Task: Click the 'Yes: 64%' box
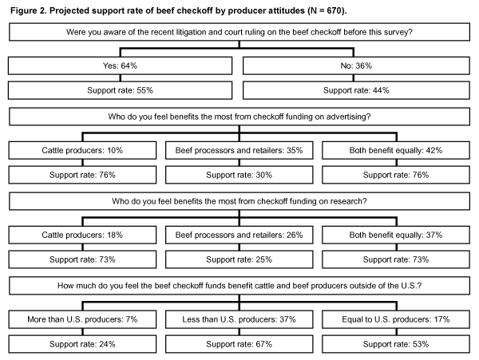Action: tap(120, 65)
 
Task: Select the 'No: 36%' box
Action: tap(356, 65)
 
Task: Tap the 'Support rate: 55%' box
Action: tap(120, 90)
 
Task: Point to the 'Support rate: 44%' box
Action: tap(356, 90)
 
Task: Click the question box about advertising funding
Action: tap(239, 117)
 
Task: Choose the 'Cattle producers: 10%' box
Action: tap(82, 150)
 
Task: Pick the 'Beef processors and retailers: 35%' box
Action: tap(239, 150)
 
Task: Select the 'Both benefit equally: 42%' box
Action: tap(396, 150)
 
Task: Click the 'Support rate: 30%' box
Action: tap(239, 175)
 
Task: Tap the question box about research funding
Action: tap(239, 201)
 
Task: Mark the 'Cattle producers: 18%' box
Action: tap(82, 235)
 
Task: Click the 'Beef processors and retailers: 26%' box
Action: tap(239, 235)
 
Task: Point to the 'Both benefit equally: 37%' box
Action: tap(396, 235)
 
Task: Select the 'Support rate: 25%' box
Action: tap(239, 259)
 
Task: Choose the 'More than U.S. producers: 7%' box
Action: tap(82, 319)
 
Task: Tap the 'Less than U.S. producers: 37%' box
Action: tap(239, 319)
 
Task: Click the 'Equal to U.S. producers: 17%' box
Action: tap(396, 319)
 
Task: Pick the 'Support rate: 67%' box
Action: tap(239, 344)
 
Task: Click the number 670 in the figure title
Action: tap(335, 10)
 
